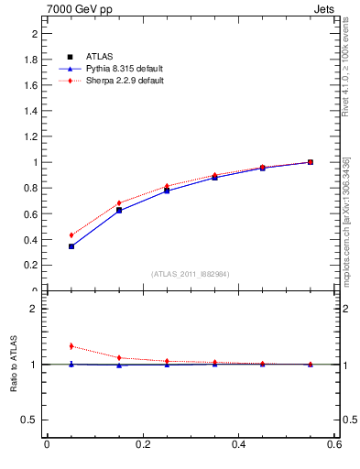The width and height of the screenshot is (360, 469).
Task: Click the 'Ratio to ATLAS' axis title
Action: pos(14,365)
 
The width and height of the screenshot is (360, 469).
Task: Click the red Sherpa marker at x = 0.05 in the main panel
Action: pos(71,235)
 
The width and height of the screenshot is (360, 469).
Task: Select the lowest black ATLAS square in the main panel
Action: pos(71,246)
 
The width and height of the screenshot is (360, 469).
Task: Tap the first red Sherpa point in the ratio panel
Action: pos(71,346)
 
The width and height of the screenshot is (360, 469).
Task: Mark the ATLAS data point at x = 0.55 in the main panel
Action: pos(311,162)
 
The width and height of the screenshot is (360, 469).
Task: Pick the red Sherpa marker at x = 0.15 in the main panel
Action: pos(119,203)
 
